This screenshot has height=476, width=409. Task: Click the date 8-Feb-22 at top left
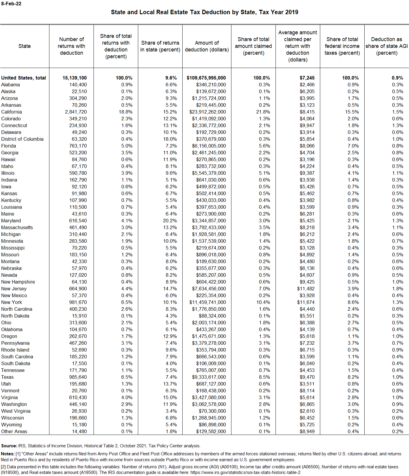(11, 4)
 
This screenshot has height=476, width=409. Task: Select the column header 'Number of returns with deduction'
(71, 46)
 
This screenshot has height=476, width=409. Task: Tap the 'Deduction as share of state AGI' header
(387, 46)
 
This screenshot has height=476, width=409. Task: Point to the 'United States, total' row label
(23, 78)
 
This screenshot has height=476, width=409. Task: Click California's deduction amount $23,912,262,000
(207, 112)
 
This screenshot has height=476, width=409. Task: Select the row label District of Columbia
(22, 139)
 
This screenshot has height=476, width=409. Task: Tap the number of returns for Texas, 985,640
(78, 377)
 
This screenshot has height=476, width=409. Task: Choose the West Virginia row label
(16, 411)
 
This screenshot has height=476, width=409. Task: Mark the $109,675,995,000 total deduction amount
(206, 78)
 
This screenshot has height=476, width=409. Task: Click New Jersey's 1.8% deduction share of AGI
(397, 289)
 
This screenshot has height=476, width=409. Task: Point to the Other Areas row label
(14, 431)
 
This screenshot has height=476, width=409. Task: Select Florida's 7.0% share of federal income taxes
(353, 146)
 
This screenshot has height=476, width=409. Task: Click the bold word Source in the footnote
(9, 446)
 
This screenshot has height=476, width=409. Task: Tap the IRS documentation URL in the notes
(246, 472)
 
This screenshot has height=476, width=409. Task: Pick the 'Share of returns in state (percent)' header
(160, 46)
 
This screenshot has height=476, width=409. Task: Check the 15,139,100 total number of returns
(75, 78)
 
